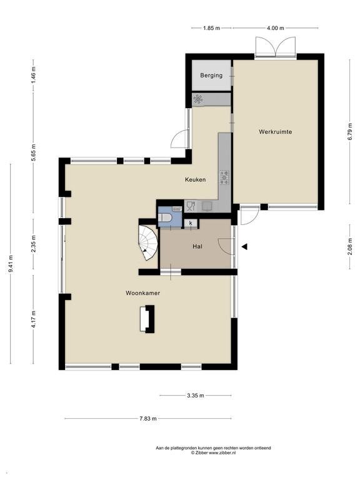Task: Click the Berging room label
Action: click(211, 75)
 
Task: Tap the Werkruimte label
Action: click(275, 132)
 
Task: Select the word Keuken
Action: click(195, 180)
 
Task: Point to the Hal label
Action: click(197, 246)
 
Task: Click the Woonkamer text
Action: click(142, 293)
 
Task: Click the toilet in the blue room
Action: click(165, 218)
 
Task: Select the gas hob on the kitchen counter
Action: click(224, 177)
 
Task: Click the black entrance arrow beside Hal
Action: click(244, 247)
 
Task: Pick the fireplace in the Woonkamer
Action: click(147, 319)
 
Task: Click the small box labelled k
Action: click(191, 223)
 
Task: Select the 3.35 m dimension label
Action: click(195, 395)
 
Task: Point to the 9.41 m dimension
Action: click(11, 264)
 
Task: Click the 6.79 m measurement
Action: click(350, 132)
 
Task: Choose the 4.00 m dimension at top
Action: click(275, 28)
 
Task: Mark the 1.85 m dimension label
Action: click(211, 28)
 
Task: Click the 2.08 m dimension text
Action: click(350, 246)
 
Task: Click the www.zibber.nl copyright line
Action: click(213, 452)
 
